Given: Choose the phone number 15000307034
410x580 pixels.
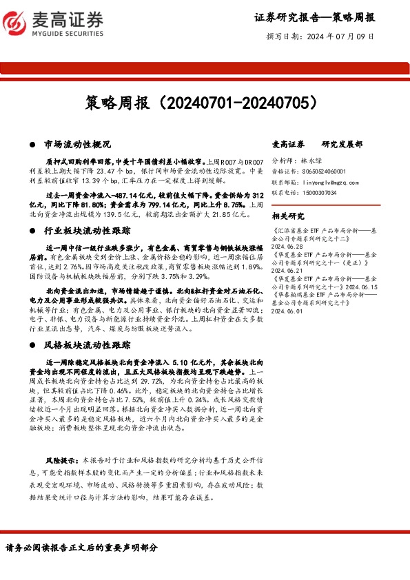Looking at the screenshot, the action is [319, 193].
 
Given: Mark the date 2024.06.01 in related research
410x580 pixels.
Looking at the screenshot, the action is [289, 311].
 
